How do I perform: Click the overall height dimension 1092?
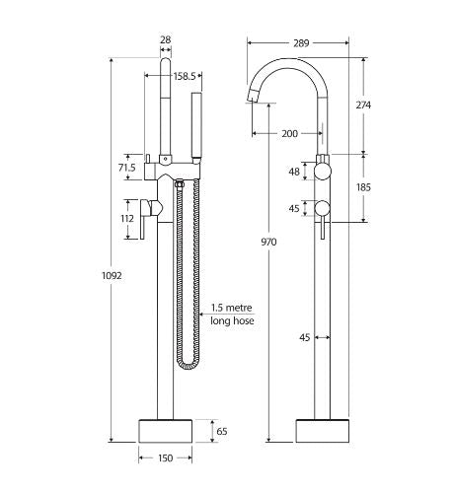(x=113, y=276)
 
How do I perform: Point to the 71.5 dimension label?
(x=125, y=169)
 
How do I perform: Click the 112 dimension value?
(x=125, y=220)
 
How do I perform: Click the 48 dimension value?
(x=292, y=172)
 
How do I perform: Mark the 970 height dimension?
(x=267, y=241)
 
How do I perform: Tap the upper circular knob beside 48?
(x=323, y=173)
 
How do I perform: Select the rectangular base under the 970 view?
(x=323, y=430)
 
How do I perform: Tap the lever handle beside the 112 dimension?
(x=147, y=221)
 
